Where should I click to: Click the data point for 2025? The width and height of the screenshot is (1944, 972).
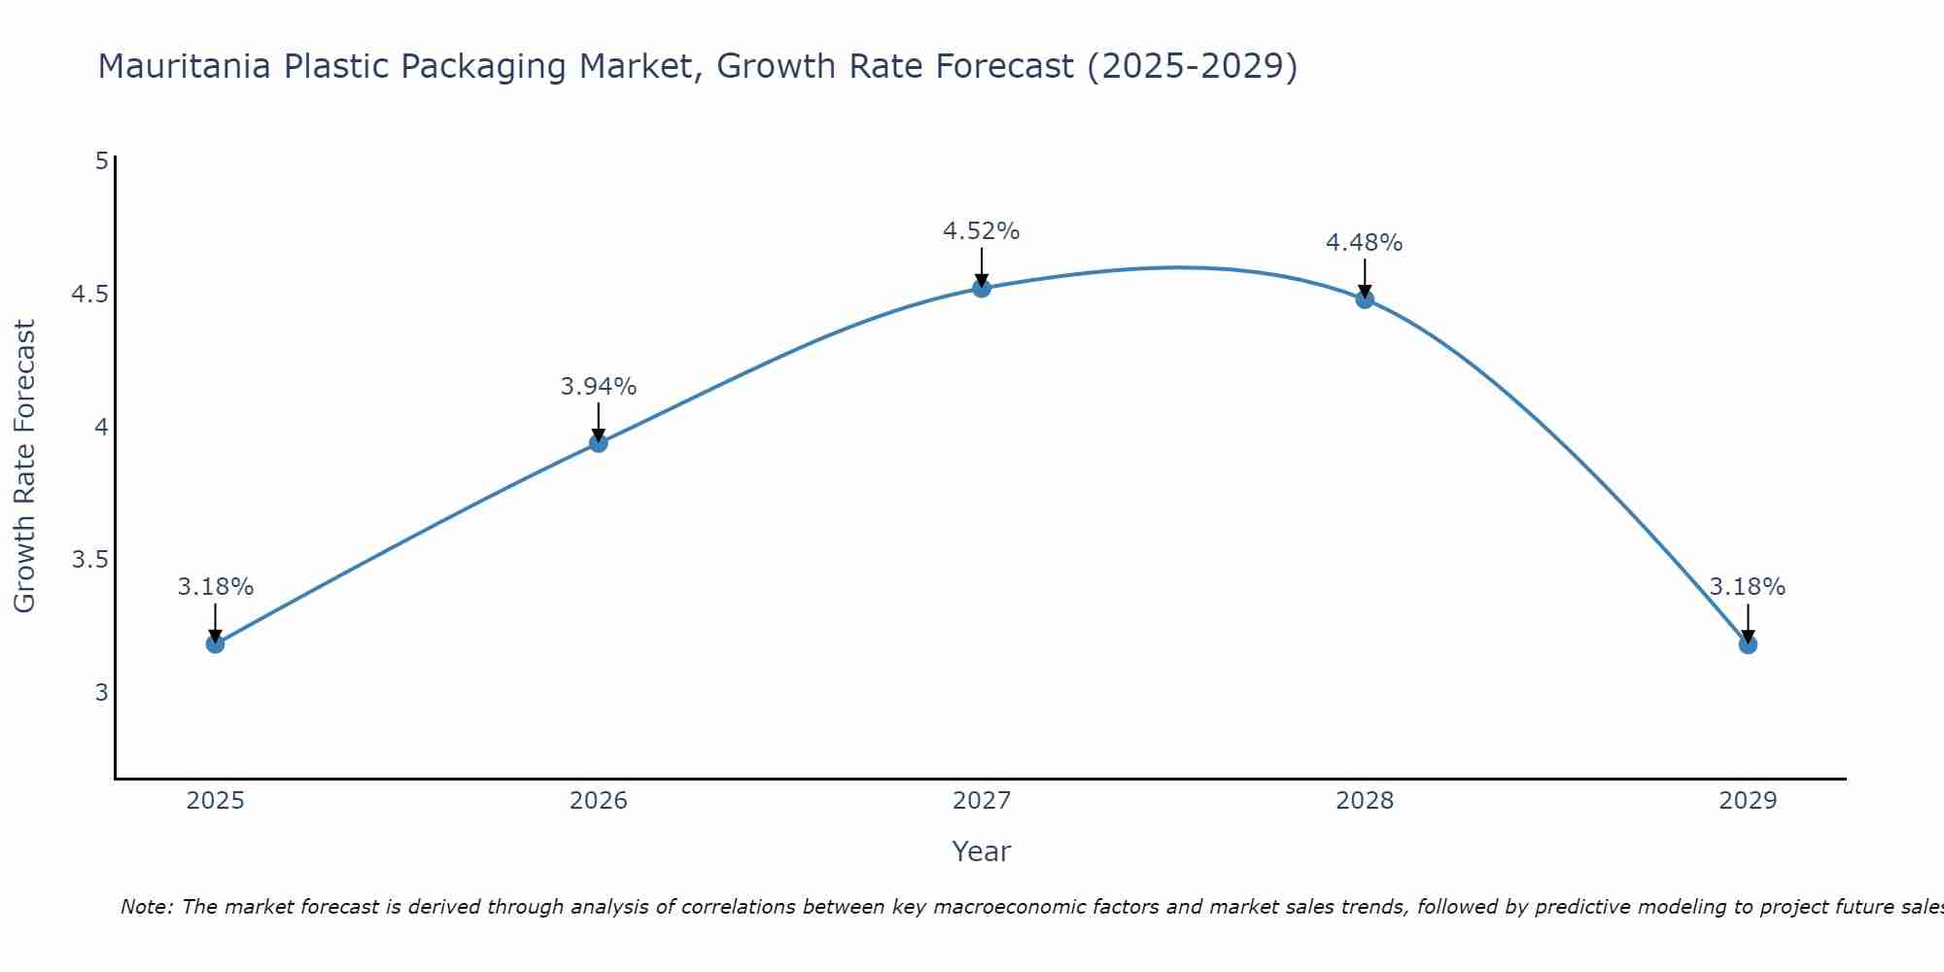click(215, 643)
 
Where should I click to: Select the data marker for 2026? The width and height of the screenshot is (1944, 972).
click(599, 443)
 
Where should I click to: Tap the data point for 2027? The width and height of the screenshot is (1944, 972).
click(982, 288)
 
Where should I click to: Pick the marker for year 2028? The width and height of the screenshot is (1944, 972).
click(1365, 298)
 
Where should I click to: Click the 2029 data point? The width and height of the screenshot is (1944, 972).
click(1748, 643)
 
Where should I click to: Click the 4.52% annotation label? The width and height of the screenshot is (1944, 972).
click(982, 231)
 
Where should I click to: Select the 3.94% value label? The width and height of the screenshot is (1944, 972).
click(599, 387)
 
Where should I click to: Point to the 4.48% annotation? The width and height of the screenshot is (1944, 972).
click(1365, 243)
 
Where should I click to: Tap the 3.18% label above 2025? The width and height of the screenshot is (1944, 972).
click(215, 587)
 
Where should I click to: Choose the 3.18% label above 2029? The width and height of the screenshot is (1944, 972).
click(1748, 587)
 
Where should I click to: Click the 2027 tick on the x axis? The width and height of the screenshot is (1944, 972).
click(982, 801)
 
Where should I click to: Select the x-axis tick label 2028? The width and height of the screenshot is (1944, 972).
click(1365, 801)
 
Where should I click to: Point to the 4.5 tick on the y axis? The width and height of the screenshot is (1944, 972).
click(89, 295)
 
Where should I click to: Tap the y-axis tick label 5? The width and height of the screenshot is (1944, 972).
click(101, 161)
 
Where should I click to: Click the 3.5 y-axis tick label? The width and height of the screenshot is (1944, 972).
click(89, 561)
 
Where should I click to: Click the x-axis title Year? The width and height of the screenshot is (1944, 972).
click(982, 851)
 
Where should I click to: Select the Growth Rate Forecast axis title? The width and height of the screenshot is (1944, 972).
click(25, 467)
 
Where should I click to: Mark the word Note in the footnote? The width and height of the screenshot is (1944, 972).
click(146, 908)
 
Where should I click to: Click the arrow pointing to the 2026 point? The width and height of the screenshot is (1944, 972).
click(599, 423)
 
